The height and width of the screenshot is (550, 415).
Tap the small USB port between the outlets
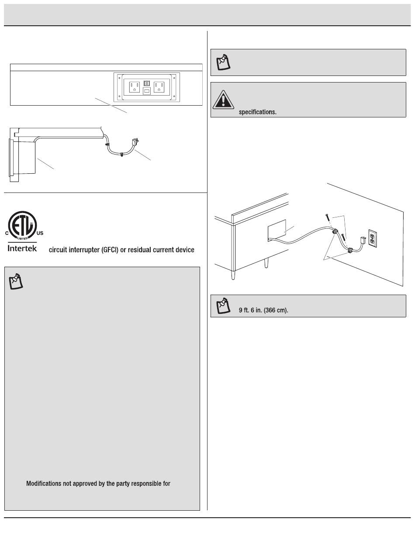coord(146,91)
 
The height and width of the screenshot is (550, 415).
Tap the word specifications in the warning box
coord(257,112)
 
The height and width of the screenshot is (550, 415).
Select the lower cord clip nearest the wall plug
coord(350,251)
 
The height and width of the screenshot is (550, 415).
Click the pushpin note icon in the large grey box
coord(16,282)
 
